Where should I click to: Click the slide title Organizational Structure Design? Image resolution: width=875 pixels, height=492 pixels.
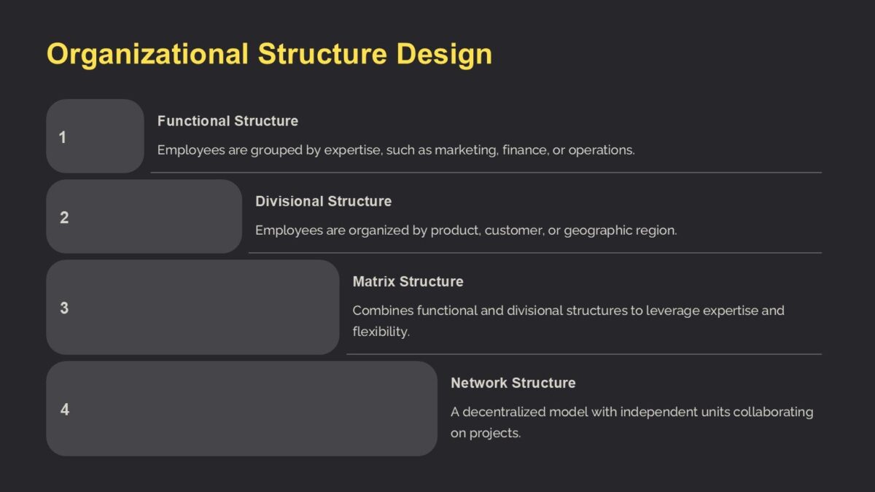269,55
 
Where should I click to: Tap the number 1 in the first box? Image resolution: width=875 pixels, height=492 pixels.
63,137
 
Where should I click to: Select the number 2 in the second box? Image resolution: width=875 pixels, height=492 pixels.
64,217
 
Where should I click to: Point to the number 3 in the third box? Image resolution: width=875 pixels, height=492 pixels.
64,308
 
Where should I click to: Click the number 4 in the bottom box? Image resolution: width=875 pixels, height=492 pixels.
65,410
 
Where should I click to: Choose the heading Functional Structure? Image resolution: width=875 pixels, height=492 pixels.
227,121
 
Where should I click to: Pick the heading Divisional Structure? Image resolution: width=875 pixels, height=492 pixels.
323,201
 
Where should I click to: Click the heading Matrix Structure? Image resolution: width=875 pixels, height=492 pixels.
408,281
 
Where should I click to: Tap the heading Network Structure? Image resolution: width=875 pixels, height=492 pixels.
513,383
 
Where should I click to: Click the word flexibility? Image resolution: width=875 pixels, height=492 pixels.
380,332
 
